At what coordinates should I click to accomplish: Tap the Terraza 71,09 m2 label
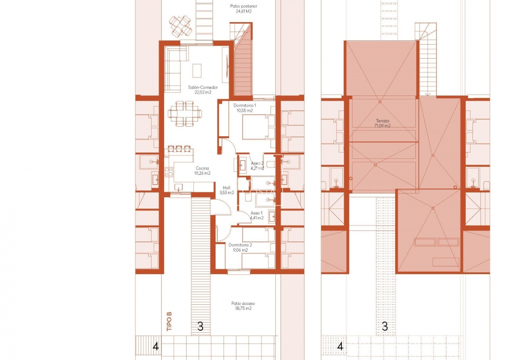point(382,123)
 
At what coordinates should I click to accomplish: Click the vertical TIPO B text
point(169,322)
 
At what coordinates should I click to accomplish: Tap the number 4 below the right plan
point(340,346)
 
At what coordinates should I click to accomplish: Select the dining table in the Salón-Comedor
point(185,114)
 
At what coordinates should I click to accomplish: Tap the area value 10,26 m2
point(202,173)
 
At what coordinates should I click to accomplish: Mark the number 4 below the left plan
point(155,346)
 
